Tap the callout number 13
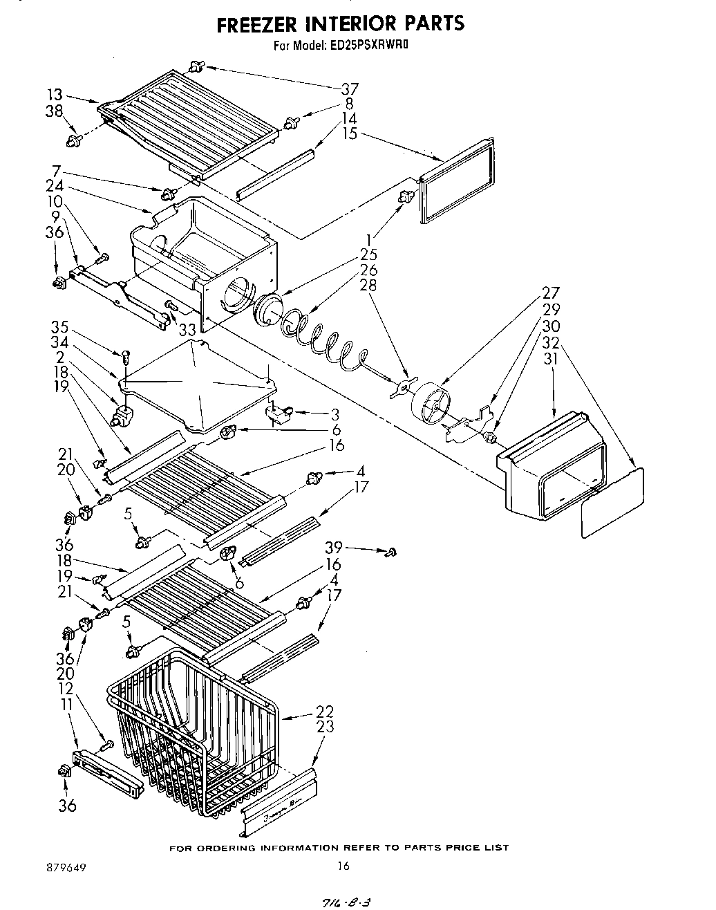tap(55, 95)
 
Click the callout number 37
tap(349, 89)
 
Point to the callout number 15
tap(349, 133)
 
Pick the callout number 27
tap(550, 292)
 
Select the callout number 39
tap(334, 548)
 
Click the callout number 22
tap(324, 711)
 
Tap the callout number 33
tap(187, 330)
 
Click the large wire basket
tap(194, 733)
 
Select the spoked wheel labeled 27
tap(430, 401)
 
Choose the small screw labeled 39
tap(390, 551)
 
